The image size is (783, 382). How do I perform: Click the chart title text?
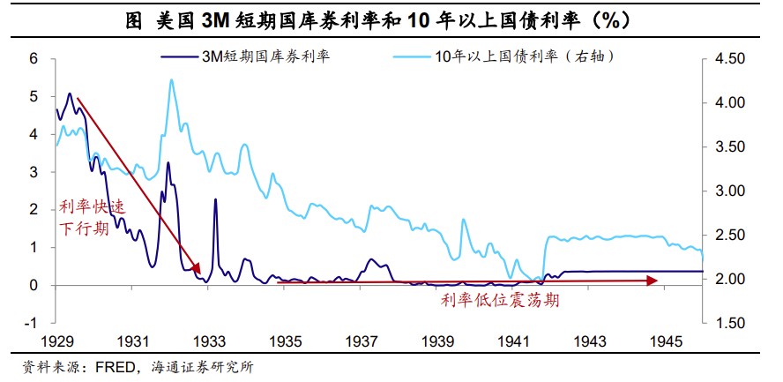click(x=391, y=19)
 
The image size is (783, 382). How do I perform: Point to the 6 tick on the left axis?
click(x=34, y=59)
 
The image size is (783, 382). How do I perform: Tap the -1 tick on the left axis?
click(x=32, y=323)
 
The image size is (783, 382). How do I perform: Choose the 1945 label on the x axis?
click(x=667, y=341)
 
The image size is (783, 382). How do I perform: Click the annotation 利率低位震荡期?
click(x=500, y=301)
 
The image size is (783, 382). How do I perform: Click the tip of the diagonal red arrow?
click(x=201, y=273)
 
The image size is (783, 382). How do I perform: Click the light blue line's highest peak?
click(x=170, y=80)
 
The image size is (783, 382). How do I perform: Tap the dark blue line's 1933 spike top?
click(x=215, y=199)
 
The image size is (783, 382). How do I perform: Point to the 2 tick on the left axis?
click(x=34, y=210)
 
